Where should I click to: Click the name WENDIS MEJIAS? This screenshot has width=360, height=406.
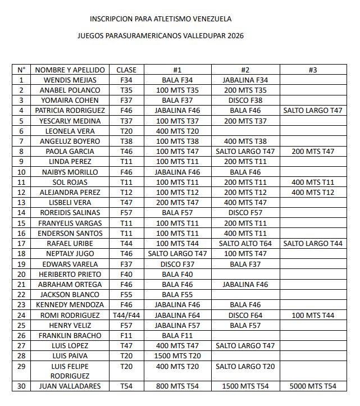click(70, 80)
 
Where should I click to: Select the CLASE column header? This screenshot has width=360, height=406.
click(126, 70)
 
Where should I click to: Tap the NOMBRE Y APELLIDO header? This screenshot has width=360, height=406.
click(70, 70)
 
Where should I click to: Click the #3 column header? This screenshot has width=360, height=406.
click(313, 70)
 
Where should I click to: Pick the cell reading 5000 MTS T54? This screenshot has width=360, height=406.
click(313, 386)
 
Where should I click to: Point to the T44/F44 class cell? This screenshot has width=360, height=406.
click(126, 316)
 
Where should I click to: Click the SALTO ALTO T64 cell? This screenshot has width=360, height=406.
click(245, 243)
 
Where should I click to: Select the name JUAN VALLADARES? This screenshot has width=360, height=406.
click(70, 386)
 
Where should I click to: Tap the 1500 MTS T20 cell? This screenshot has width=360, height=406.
click(177, 356)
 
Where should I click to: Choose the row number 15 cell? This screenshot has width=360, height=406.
click(21, 223)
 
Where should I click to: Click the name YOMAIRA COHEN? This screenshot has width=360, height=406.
click(70, 101)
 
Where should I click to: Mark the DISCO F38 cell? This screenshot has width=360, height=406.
click(245, 101)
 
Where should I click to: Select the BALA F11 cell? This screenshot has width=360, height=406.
click(177, 336)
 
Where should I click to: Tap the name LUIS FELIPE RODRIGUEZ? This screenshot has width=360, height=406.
click(70, 371)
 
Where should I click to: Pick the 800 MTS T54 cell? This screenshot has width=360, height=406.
click(177, 386)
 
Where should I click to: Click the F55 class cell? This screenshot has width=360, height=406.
click(126, 295)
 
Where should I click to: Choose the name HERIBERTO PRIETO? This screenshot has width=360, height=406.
click(70, 275)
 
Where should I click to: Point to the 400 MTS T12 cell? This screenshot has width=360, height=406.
click(313, 193)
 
